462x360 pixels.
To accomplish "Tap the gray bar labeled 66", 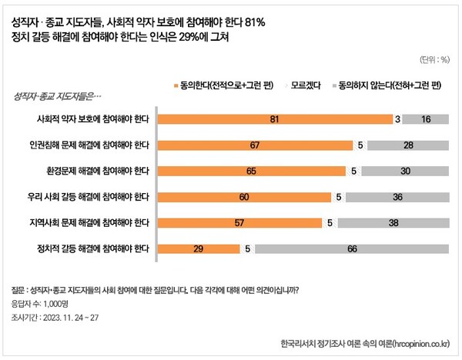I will click(351, 248).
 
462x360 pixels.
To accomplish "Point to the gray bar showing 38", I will click(393, 223).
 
